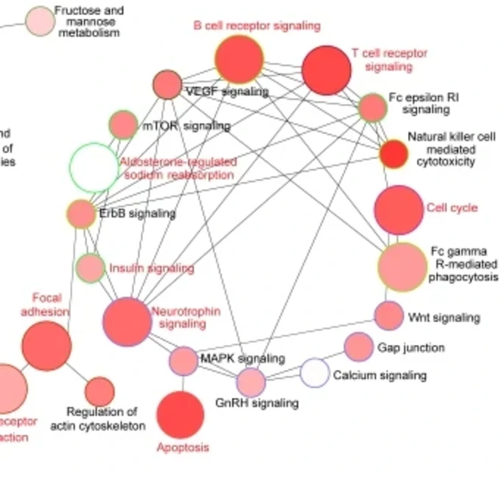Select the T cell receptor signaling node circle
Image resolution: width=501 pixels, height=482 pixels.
point(326,70)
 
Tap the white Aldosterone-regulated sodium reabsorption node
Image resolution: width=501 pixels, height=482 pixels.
point(94,167)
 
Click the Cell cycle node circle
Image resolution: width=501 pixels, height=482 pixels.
point(399,209)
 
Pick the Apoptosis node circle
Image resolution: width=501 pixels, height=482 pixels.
point(180,415)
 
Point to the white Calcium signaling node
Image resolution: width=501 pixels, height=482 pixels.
point(315,373)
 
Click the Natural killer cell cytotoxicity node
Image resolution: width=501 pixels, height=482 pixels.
point(394,154)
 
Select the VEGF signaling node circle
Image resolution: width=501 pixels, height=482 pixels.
point(167,85)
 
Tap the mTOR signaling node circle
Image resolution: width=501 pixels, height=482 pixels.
point(123,125)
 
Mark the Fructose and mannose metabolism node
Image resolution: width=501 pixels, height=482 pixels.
point(39,22)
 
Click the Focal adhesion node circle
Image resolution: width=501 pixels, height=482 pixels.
point(46,346)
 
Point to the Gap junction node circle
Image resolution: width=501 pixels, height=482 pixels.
point(359,347)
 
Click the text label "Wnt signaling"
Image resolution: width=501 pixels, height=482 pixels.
point(443,317)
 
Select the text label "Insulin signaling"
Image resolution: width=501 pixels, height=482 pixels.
point(151,268)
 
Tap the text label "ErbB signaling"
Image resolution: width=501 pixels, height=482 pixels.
point(137,214)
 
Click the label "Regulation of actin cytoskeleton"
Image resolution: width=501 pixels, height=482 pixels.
point(98,418)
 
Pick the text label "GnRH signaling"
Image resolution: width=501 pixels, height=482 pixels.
point(257,403)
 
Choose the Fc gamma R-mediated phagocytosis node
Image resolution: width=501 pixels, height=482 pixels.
point(402,267)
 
